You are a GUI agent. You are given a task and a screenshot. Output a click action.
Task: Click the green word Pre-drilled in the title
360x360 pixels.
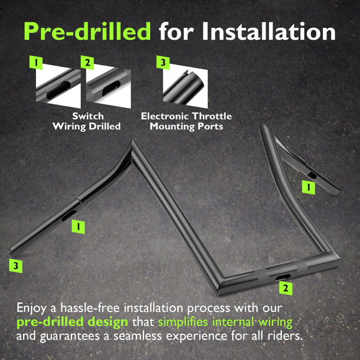point(88,31)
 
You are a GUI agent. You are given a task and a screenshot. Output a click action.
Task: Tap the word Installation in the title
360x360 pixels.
point(269,31)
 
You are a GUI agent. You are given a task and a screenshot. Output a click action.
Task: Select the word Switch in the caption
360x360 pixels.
point(88,116)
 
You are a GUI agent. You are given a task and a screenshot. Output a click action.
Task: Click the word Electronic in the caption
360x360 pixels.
point(165,116)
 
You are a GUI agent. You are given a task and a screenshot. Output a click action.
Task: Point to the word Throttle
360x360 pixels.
point(212,116)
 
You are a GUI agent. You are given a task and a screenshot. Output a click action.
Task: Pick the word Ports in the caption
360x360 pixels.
point(210,126)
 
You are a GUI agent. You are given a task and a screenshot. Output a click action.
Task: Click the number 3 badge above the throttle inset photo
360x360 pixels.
point(163,62)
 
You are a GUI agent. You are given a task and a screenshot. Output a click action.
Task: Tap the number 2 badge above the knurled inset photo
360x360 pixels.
point(88,62)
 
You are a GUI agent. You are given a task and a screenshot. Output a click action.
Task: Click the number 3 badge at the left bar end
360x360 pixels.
point(16,266)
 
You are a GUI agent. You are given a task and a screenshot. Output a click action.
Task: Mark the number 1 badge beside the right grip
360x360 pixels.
point(308,187)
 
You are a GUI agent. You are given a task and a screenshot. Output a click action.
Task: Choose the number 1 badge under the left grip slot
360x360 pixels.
point(78,227)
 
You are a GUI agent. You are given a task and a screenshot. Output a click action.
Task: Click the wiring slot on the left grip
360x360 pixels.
point(69,215)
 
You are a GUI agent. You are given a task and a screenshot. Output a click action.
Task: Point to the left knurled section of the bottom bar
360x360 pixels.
point(263,274)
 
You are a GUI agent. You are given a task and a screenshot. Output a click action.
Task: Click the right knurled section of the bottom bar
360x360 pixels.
point(301,267)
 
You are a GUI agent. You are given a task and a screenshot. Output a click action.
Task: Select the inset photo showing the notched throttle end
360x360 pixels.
point(186,87)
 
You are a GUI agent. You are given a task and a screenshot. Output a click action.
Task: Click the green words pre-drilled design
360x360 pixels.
point(72,322)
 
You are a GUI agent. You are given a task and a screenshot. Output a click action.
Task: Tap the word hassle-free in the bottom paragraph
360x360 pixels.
point(90,308)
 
